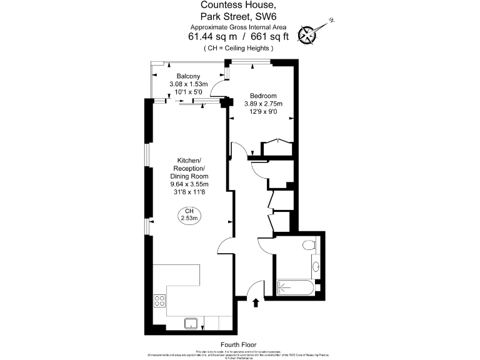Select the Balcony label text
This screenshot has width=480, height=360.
click(188, 76)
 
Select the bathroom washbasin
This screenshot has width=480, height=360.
click(316, 267)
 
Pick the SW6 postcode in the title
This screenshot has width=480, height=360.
click(275, 17)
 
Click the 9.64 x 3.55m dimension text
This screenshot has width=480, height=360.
click(189, 184)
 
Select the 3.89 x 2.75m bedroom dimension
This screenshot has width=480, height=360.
click(259, 104)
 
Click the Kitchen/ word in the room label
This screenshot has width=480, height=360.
click(189, 161)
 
